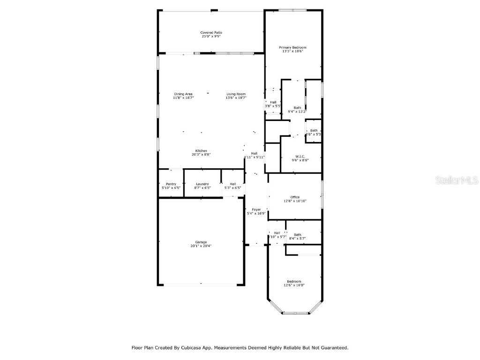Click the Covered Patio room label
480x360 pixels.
[211, 32]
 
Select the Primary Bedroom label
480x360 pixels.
[292, 47]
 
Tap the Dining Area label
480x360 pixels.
[183, 94]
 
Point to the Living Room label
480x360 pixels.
[236, 94]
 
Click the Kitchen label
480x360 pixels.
[201, 150]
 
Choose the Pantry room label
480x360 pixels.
[171, 184]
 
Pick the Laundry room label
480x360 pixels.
[202, 184]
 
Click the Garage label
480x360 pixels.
[201, 242]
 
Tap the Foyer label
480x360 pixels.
[256, 210]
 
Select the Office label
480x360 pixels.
[295, 197]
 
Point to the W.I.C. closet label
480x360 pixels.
[300, 156]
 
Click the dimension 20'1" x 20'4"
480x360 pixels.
[201, 246]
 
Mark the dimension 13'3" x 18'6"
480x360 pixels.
[292, 52]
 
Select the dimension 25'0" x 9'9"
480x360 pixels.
[211, 36]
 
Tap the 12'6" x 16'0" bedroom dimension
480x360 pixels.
[294, 285]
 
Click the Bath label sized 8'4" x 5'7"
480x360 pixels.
[298, 234]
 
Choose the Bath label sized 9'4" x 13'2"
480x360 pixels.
[298, 107]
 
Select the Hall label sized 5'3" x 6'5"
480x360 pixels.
[233, 184]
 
